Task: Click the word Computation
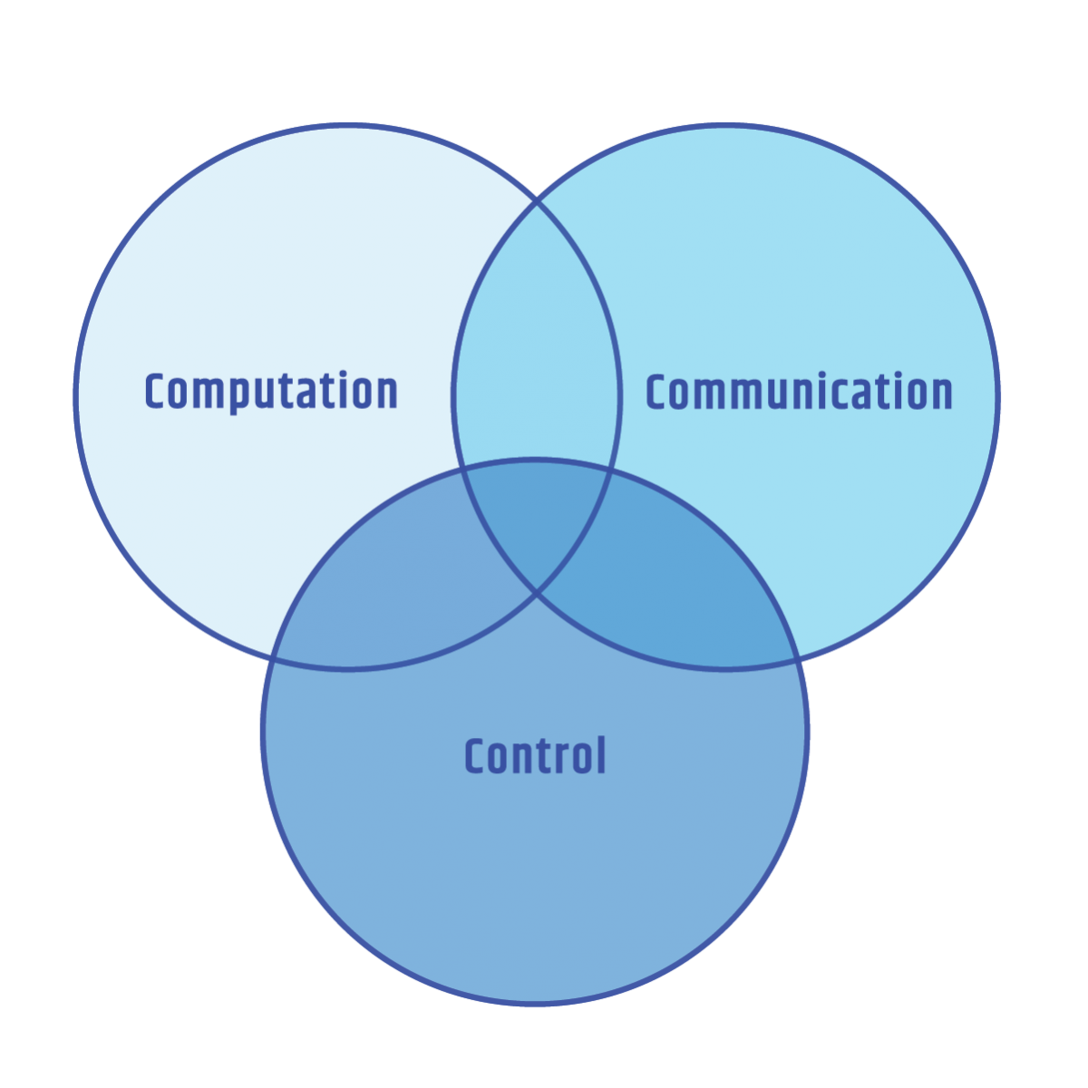[x=271, y=392]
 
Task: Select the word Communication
[x=799, y=392]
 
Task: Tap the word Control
[x=535, y=756]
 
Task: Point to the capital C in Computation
[x=157, y=392]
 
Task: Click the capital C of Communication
[x=657, y=392]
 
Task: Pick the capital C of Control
[x=476, y=756]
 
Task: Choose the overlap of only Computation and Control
[x=399, y=589]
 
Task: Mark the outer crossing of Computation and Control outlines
[x=274, y=656]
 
